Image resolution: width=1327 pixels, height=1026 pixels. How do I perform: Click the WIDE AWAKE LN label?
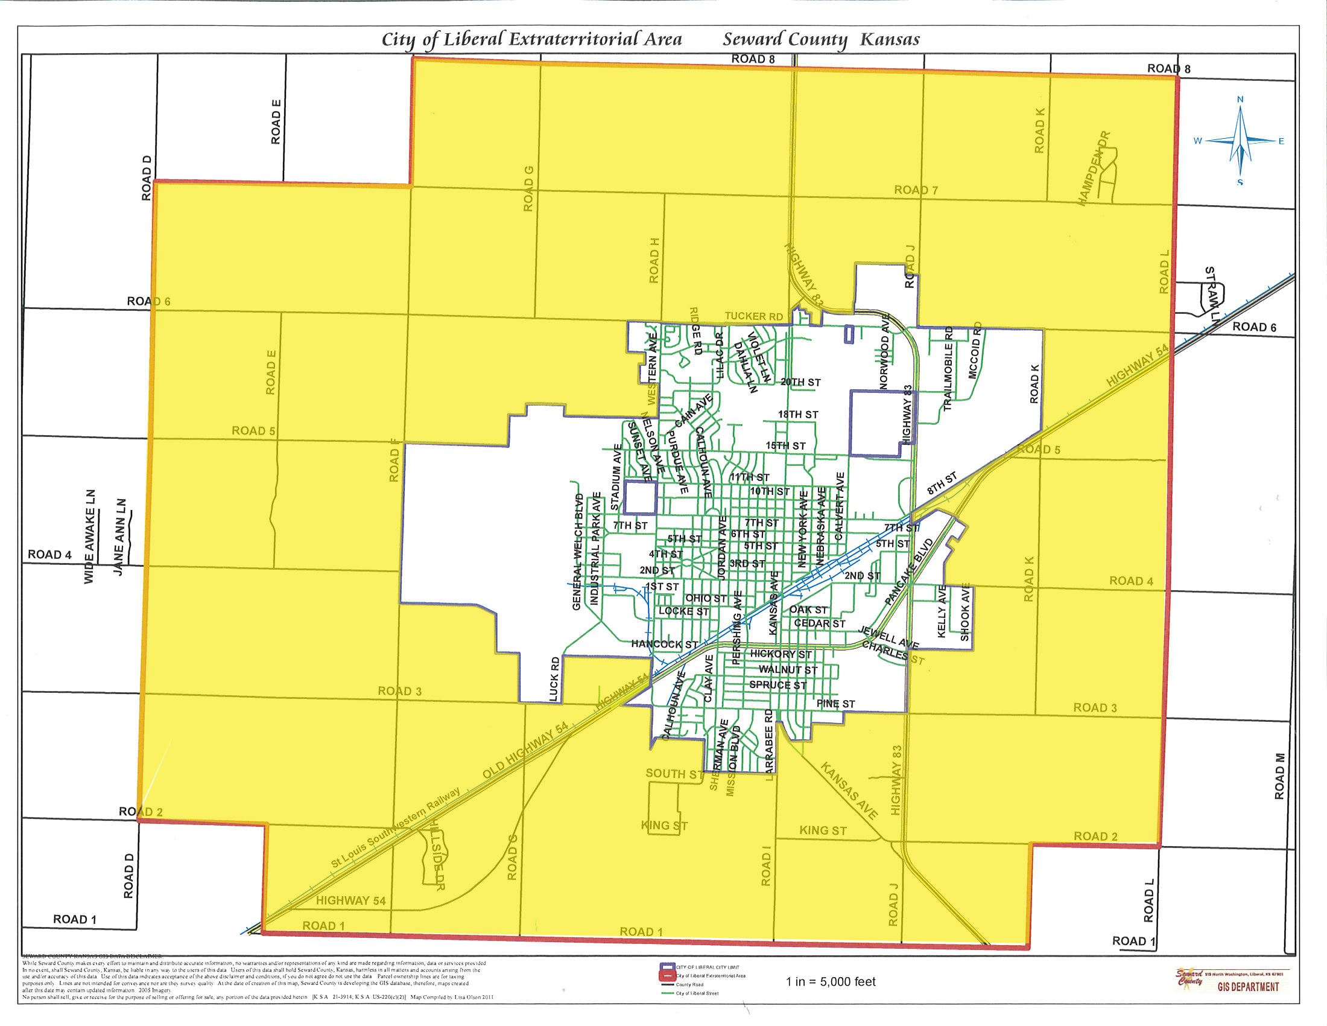[x=90, y=537]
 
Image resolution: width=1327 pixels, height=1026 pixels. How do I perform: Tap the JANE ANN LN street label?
[x=119, y=538]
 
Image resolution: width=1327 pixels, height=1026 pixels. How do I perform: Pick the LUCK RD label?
[x=554, y=680]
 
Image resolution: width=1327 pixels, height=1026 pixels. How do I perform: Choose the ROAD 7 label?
[x=916, y=190]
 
